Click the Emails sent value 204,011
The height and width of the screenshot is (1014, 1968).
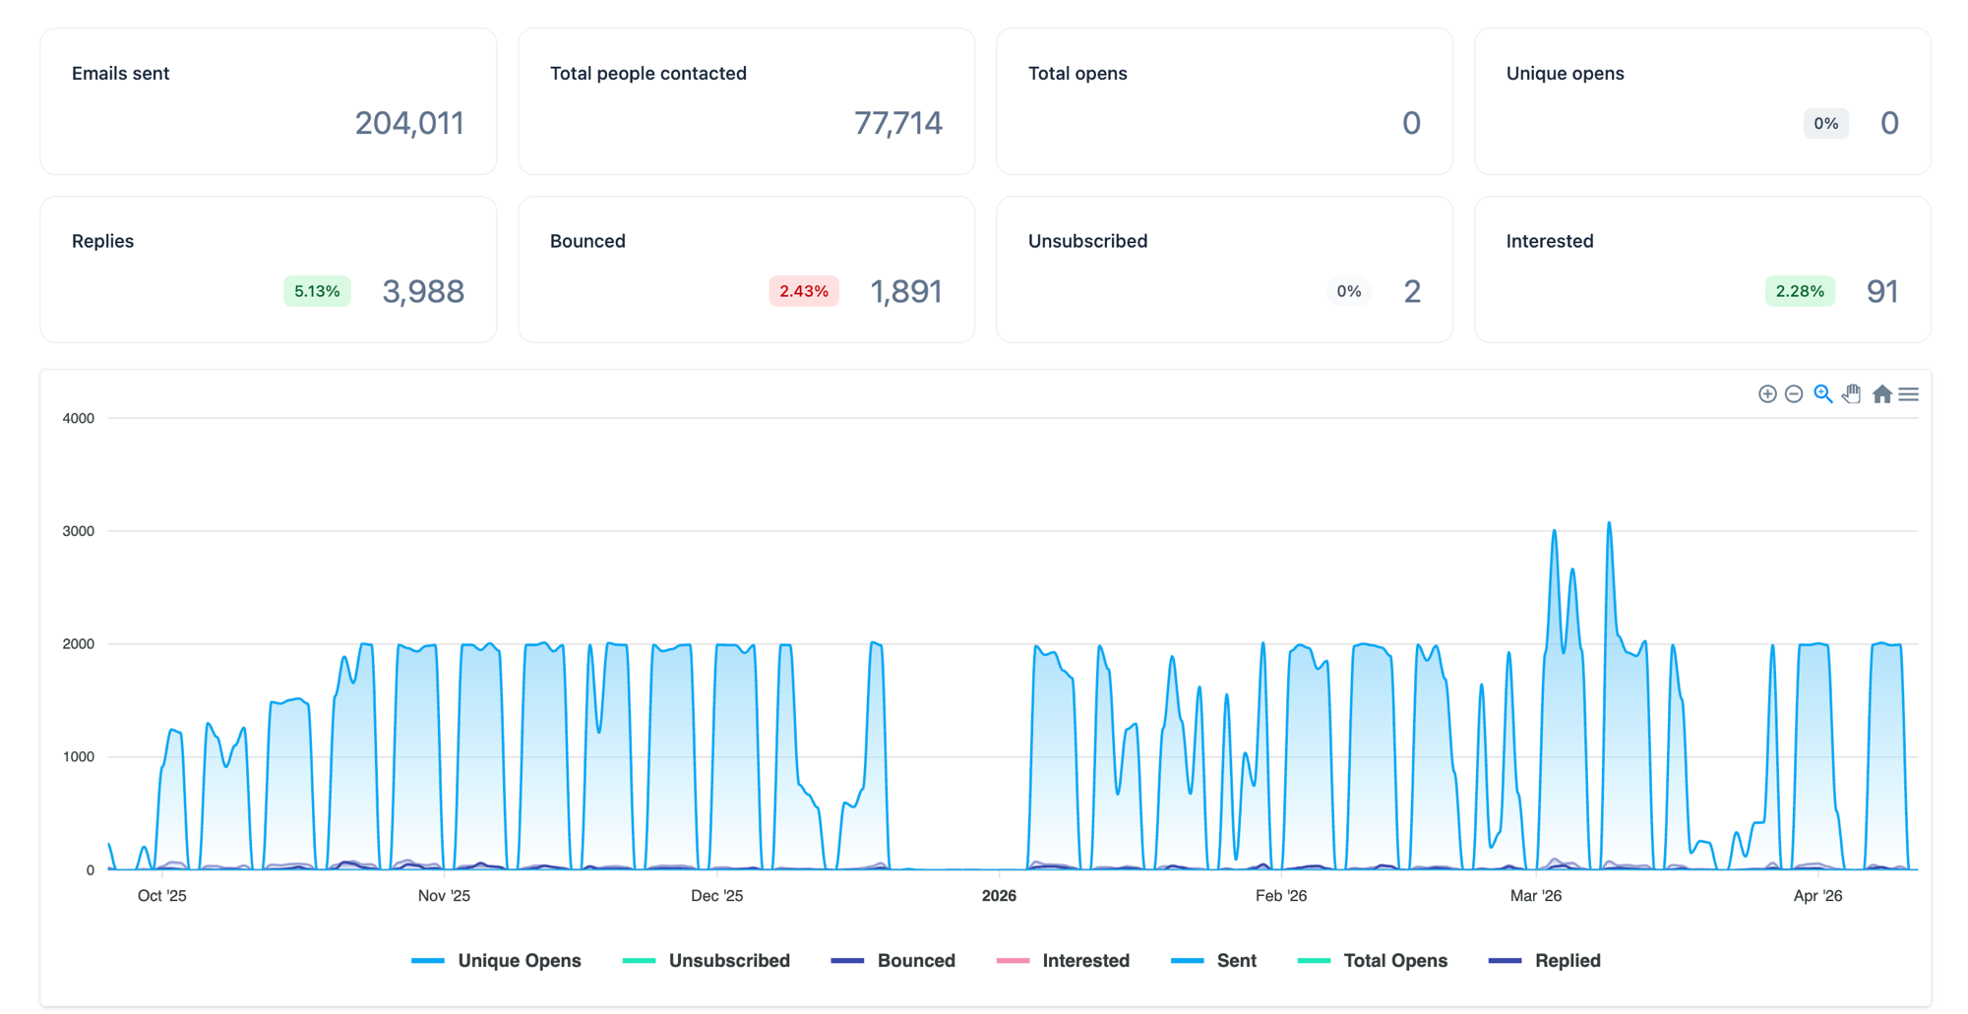pos(408,123)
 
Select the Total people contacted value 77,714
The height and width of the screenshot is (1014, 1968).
pos(897,123)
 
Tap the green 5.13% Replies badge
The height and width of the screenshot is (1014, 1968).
pos(317,291)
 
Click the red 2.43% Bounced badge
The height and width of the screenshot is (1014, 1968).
pos(803,291)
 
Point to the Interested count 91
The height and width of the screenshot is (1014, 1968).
pos(1881,291)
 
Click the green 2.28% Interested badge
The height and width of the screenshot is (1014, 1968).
pos(1799,291)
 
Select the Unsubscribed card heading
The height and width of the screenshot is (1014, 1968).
pos(1087,241)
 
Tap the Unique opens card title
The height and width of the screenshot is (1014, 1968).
pos(1565,73)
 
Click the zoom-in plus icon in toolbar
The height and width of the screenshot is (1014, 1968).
pos(1767,394)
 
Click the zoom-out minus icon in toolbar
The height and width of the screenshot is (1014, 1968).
pos(1794,394)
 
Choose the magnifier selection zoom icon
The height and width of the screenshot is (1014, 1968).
pos(1822,394)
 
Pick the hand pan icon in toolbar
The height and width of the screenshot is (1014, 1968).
pos(1852,394)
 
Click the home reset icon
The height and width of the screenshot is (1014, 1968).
pos(1881,394)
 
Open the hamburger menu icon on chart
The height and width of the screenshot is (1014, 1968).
pos(1909,394)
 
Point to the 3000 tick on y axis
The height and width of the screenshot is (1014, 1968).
pos(79,531)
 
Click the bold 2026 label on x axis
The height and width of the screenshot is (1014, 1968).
pos(999,896)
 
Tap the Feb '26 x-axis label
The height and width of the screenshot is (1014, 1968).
pos(1281,896)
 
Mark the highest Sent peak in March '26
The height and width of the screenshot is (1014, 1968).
pos(1609,523)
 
